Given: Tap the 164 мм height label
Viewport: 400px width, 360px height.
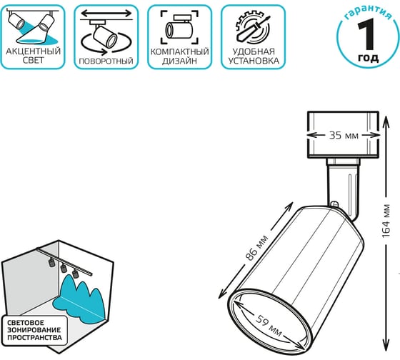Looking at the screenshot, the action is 386,221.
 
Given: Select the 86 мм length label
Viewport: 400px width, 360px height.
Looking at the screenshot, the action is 256,248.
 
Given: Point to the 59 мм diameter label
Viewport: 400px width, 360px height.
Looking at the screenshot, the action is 269,326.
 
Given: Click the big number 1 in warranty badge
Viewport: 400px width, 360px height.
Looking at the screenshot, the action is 367,34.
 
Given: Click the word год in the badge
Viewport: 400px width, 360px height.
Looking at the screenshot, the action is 368,58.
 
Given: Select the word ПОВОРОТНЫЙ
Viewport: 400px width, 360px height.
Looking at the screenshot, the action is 106,61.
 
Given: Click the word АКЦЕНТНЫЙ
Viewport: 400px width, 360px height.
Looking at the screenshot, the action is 33,51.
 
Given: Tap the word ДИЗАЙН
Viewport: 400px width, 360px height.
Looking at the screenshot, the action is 179,61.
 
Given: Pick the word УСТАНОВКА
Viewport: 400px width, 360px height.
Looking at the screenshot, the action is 254,61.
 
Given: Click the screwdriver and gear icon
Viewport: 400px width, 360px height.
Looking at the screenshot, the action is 253,28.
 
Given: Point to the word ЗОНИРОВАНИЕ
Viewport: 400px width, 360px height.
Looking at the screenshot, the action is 34,330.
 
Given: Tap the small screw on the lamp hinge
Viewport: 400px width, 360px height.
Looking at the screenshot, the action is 334,204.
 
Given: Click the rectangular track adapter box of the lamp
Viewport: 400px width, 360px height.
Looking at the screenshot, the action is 343,134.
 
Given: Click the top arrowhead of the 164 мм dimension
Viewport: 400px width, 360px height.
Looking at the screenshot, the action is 386,119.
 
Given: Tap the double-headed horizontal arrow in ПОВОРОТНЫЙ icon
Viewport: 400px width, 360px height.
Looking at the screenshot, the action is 106,14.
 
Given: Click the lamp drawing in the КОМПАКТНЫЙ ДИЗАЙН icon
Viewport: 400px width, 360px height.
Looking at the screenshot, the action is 179,27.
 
